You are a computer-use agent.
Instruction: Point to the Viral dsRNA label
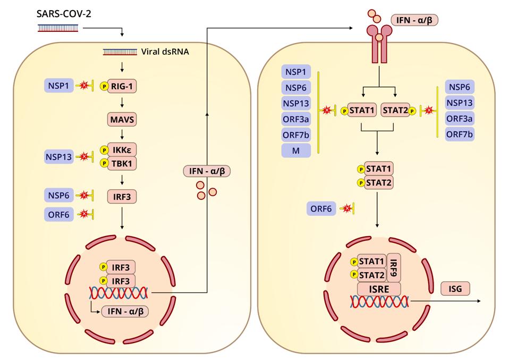point(165,52)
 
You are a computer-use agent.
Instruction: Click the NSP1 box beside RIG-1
point(58,85)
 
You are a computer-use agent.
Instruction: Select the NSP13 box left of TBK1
point(58,157)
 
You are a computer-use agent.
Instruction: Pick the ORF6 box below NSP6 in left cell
point(58,214)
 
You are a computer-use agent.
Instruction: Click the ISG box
point(454,289)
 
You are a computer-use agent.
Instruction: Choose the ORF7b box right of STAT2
point(461,133)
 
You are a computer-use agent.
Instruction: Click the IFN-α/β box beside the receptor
point(417,21)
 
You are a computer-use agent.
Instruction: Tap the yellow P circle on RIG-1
point(105,86)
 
